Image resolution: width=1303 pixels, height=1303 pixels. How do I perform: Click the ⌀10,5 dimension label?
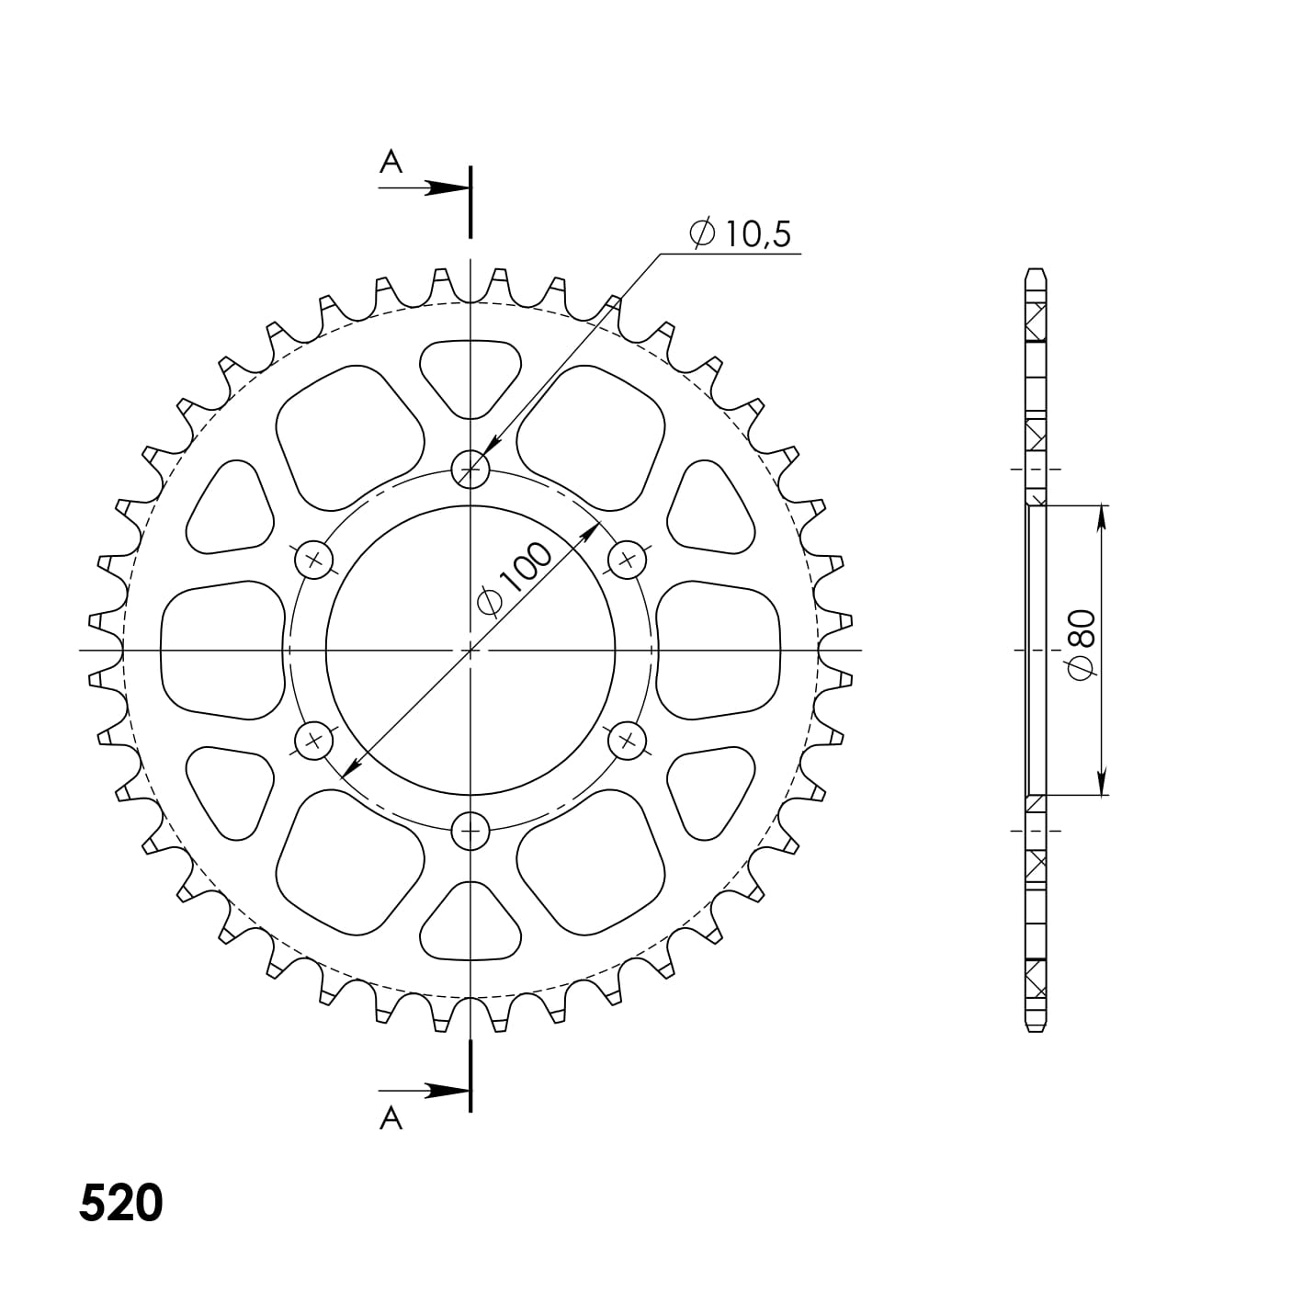[740, 234]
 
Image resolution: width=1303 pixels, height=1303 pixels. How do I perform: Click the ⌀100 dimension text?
[516, 579]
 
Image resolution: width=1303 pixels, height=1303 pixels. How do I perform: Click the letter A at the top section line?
[391, 163]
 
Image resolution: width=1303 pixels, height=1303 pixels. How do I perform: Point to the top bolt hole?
[470, 469]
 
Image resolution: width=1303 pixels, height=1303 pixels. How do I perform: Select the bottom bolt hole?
[470, 831]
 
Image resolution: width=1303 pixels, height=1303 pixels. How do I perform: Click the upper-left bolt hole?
[313, 560]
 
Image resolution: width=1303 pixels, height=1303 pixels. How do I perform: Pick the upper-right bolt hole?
[627, 560]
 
